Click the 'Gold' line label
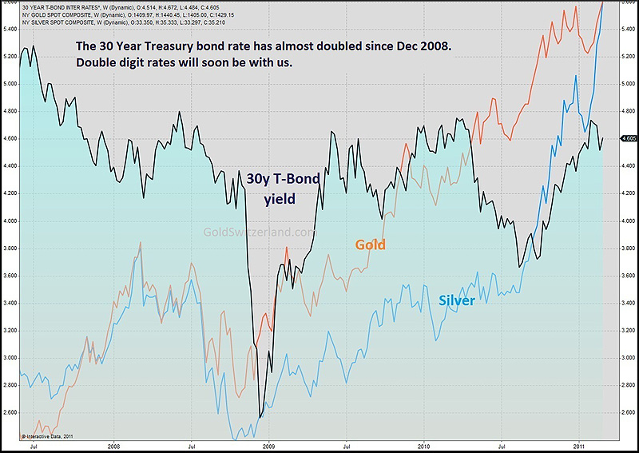(x=370, y=244)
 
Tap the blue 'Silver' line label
(x=457, y=300)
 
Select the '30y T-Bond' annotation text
(x=282, y=179)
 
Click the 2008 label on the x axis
(x=113, y=446)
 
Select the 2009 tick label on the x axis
(x=268, y=446)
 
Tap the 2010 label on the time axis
(x=423, y=446)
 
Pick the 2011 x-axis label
(x=579, y=446)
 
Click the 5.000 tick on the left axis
(x=10, y=83)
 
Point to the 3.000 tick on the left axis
(x=10, y=357)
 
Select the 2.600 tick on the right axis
(x=628, y=412)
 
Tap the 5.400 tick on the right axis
(x=628, y=29)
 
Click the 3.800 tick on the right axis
(x=628, y=248)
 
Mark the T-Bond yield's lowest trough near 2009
(x=260, y=416)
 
